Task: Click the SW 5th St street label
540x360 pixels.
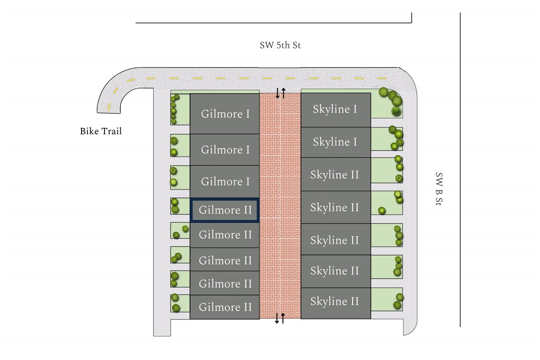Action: coord(280,46)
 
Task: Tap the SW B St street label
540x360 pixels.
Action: coord(439,190)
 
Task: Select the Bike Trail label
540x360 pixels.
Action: coord(101,131)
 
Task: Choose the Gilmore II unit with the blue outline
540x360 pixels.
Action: coord(225,210)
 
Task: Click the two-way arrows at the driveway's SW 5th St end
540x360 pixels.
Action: coord(281,93)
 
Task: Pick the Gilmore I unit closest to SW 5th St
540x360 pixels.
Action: coord(225,113)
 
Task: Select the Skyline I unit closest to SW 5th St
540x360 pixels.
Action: coord(336,109)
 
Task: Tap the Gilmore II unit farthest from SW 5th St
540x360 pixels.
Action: coord(225,307)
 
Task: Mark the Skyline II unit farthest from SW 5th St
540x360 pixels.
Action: coord(336,302)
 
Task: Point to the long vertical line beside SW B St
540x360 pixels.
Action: coord(460,169)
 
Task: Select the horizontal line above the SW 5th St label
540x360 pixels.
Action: coord(273,22)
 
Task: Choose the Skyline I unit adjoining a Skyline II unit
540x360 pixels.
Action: coord(336,142)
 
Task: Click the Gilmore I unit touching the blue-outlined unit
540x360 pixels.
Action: coord(225,181)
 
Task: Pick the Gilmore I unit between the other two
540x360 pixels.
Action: coord(225,149)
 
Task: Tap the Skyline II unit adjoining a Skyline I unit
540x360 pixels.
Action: coord(336,175)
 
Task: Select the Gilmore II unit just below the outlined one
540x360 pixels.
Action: coord(225,235)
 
